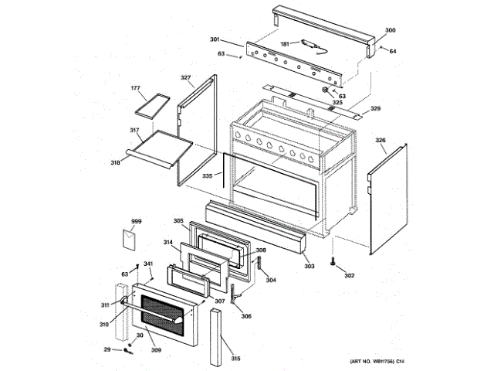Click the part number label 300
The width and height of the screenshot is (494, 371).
(390, 29)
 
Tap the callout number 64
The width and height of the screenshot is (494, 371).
(393, 51)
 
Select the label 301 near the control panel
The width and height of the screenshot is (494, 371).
(215, 39)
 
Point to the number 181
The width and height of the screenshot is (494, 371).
(284, 44)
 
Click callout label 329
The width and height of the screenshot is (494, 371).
(376, 109)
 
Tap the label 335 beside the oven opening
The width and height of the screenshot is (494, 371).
(207, 176)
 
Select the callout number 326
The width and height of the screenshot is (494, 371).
(381, 141)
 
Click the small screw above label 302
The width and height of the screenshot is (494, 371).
(333, 262)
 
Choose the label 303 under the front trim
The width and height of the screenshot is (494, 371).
(309, 267)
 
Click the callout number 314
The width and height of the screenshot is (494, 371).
(167, 243)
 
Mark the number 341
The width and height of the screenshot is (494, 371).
(147, 264)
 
